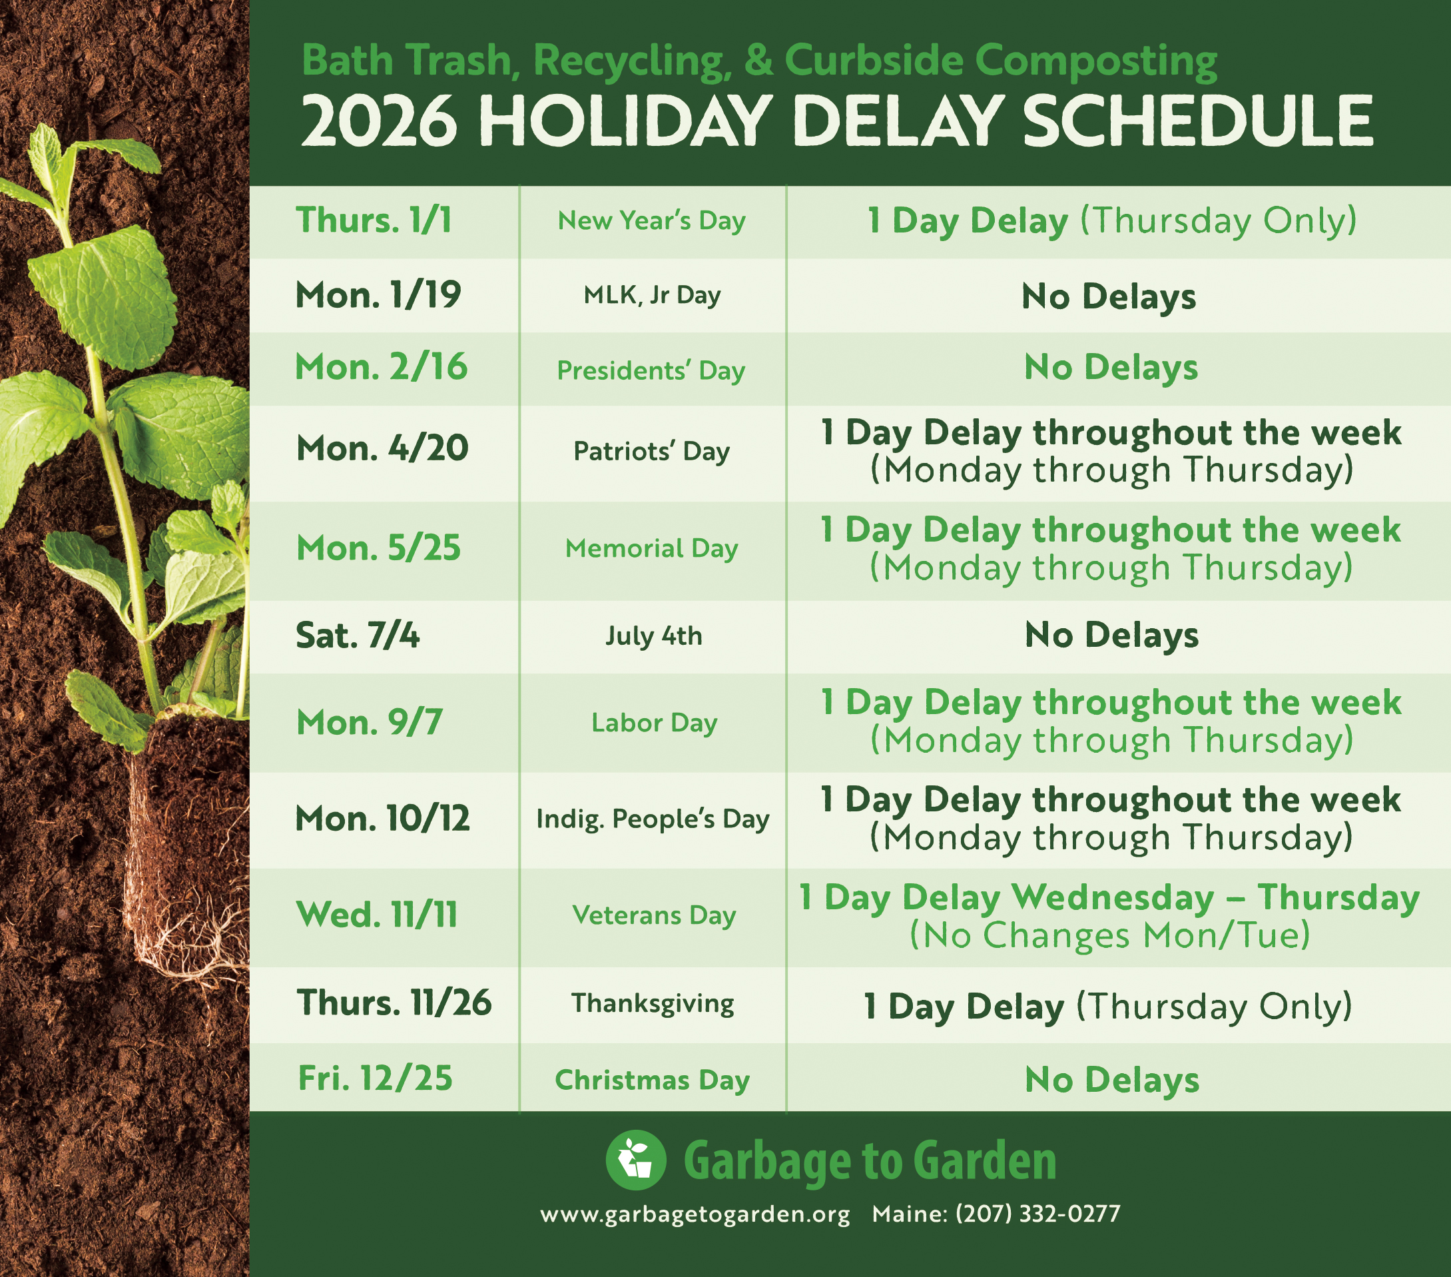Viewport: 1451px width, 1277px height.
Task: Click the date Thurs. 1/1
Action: pos(374,220)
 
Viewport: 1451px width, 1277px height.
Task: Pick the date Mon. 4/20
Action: pos(382,448)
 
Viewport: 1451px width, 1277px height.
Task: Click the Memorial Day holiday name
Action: pos(652,548)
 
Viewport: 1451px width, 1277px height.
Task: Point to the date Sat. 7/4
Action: pos(357,635)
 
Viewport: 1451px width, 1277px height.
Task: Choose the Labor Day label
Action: pos(655,723)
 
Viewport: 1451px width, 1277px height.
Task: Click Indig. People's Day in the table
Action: pos(653,819)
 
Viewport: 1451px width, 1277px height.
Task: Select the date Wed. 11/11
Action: pos(377,915)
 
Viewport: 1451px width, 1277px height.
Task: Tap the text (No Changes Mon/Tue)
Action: pos(1109,935)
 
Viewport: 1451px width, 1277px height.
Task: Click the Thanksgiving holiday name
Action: pos(653,1004)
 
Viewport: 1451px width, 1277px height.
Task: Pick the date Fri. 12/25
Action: pos(375,1078)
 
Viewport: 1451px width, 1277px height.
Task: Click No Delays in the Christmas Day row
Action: pos(1111,1080)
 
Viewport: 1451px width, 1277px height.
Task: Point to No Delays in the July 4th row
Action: pos(1111,635)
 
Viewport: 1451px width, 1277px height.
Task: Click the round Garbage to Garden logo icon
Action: pos(636,1160)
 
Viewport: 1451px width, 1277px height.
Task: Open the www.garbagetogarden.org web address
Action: pos(695,1214)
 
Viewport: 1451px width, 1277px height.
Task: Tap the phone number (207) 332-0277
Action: pos(1038,1213)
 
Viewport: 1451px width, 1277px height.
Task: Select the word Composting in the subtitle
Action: pos(1096,61)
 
